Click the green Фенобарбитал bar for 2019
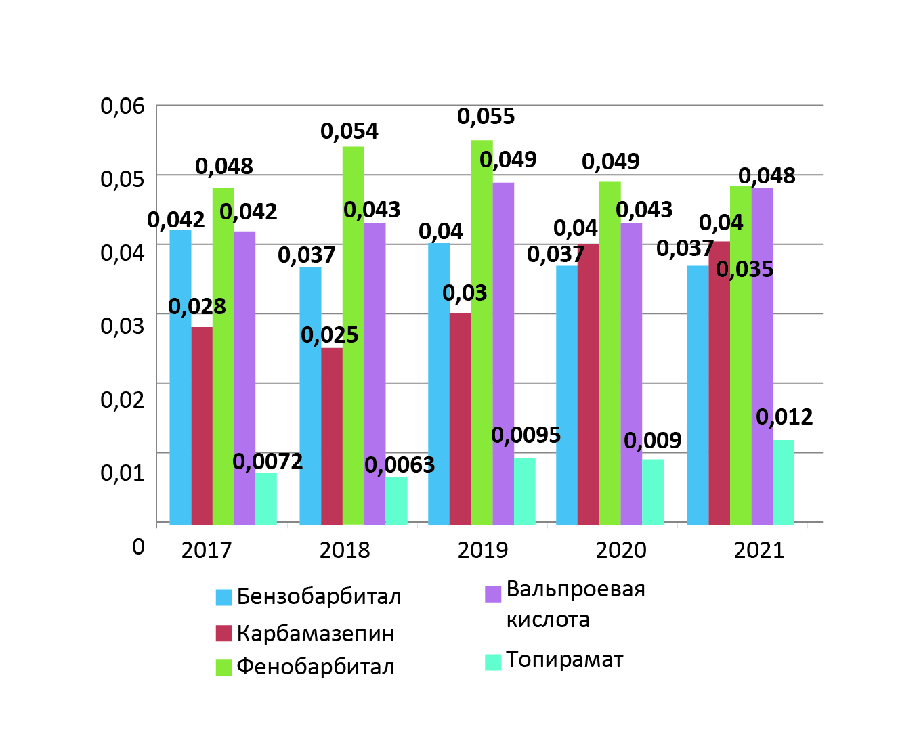[482, 332]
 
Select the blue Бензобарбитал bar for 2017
[180, 376]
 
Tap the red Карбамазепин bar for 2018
[332, 435]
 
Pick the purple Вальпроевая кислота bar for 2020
[631, 374]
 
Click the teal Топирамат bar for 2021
[784, 482]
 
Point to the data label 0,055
[486, 116]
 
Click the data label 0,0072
[268, 462]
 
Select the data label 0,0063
[400, 465]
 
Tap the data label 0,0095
[526, 435]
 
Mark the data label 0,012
[784, 417]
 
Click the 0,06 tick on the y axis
[123, 106]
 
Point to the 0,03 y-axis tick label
[123, 326]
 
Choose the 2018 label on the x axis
[345, 550]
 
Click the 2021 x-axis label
[759, 550]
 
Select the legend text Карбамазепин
[316, 634]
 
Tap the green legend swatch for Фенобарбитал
[224, 668]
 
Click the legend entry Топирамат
[565, 660]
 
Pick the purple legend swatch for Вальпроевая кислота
[493, 594]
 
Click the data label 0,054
[349, 131]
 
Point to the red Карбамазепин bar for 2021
[719, 383]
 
